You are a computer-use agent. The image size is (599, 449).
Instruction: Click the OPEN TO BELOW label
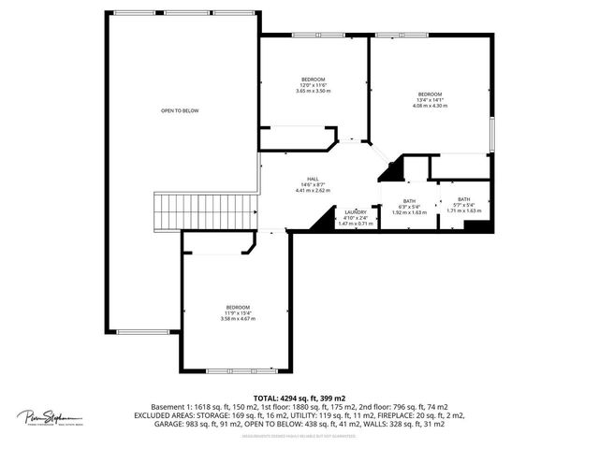(180, 110)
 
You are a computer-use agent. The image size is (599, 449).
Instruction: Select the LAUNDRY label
(355, 212)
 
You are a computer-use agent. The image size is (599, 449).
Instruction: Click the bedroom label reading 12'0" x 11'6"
(313, 79)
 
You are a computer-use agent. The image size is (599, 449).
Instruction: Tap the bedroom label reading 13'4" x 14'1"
(430, 94)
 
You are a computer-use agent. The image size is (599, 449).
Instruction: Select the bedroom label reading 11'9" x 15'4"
(238, 308)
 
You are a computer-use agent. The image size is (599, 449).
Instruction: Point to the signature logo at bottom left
(49, 417)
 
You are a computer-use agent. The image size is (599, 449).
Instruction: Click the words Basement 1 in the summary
(167, 408)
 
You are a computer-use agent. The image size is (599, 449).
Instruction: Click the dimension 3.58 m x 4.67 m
(238, 319)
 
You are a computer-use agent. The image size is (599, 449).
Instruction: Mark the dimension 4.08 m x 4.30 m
(430, 106)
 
